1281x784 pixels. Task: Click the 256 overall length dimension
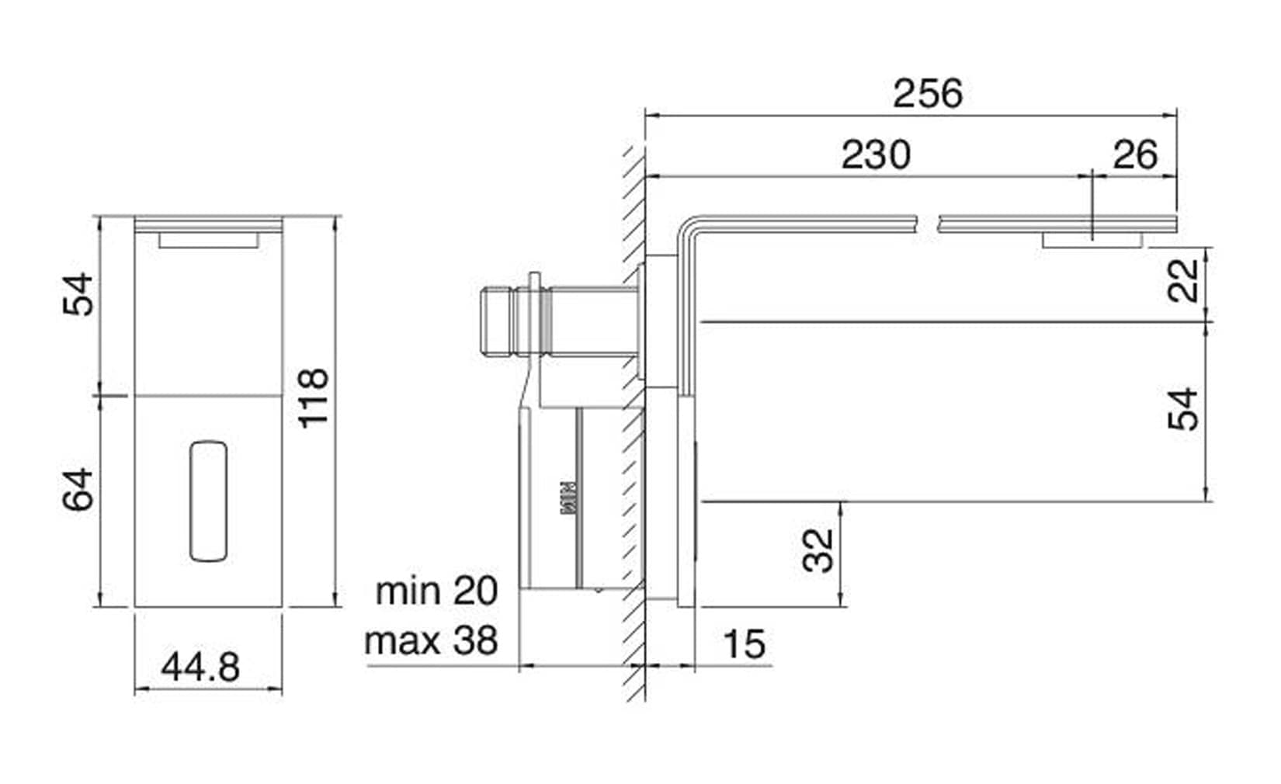coord(928,93)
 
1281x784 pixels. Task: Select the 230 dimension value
coord(876,154)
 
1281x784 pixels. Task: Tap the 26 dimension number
coord(1135,154)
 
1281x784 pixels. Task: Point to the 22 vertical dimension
coord(1182,280)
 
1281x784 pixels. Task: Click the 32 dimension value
coord(818,550)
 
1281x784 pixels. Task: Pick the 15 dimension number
coord(745,644)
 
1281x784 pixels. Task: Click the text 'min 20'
coord(436,591)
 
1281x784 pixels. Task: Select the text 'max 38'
coord(431,641)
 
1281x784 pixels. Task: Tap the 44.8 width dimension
coord(200,667)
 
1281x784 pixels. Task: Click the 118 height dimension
coord(314,398)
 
